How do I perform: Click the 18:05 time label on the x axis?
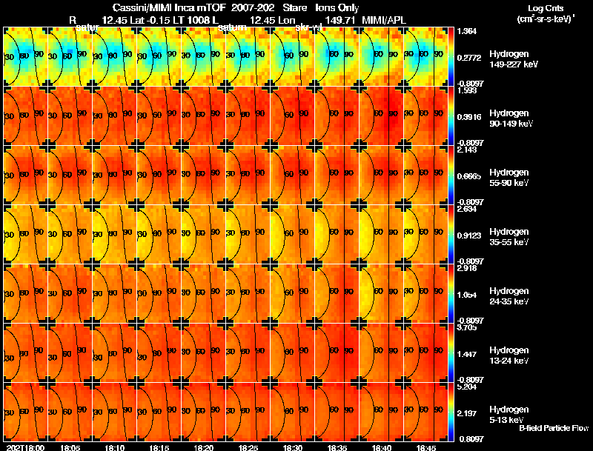pyautogui.click(x=70, y=447)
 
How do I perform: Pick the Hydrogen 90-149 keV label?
pyautogui.click(x=511, y=118)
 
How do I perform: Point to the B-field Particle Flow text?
pyautogui.click(x=553, y=428)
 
